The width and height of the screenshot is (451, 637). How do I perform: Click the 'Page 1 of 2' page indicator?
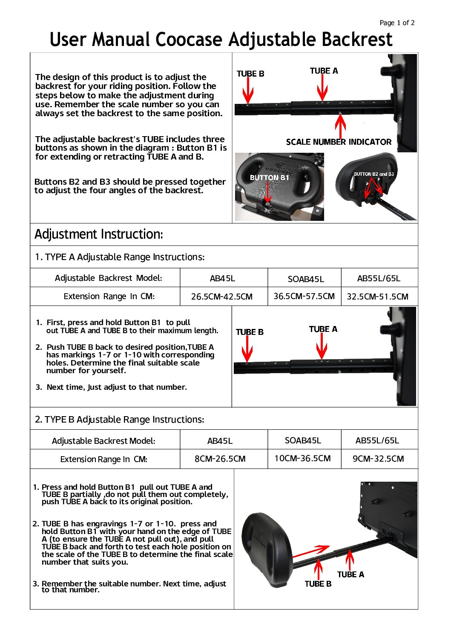tap(397, 23)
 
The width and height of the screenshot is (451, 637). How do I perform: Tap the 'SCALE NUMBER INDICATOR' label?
tap(339, 142)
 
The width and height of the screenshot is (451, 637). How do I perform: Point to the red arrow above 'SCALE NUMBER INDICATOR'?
tap(340, 125)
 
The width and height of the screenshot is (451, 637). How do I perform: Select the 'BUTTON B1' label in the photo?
tap(269, 177)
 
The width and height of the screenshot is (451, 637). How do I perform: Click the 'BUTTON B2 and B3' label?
tap(373, 174)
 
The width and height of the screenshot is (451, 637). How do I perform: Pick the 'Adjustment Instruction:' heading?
tap(98, 234)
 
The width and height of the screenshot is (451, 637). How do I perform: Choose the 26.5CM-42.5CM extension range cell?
tap(221, 297)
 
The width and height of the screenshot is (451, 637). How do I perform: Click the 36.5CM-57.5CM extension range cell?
tap(304, 296)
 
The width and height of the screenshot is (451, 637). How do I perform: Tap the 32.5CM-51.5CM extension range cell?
tap(377, 297)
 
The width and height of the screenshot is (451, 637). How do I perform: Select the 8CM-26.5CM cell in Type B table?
tap(220, 459)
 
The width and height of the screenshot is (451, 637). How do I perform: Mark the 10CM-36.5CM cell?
tap(302, 458)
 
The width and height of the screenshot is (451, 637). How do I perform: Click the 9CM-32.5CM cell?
tap(378, 459)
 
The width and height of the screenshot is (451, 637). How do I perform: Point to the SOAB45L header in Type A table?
tap(306, 279)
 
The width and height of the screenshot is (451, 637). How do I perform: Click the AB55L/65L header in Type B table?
tap(377, 440)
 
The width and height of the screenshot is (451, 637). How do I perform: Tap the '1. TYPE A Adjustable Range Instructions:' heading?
tap(120, 257)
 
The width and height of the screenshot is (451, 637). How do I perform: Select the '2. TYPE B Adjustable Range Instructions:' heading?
tap(119, 420)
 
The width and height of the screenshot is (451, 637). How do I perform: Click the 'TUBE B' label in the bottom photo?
tap(318, 584)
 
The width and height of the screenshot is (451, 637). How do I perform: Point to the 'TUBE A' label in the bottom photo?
tap(350, 574)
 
